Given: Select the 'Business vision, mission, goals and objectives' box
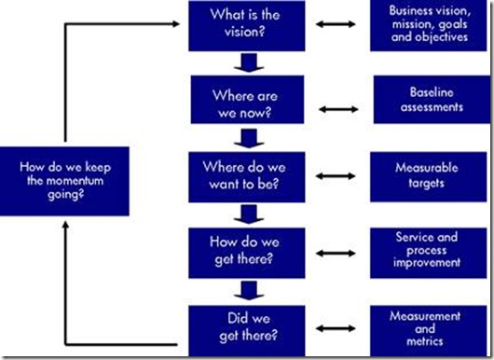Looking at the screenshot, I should coord(424,24).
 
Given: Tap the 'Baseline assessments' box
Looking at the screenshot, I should coord(424,100).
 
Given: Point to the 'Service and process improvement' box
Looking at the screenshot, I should coord(424,249).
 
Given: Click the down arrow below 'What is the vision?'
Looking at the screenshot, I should coord(244,62).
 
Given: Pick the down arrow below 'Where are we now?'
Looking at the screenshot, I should coord(244,139).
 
